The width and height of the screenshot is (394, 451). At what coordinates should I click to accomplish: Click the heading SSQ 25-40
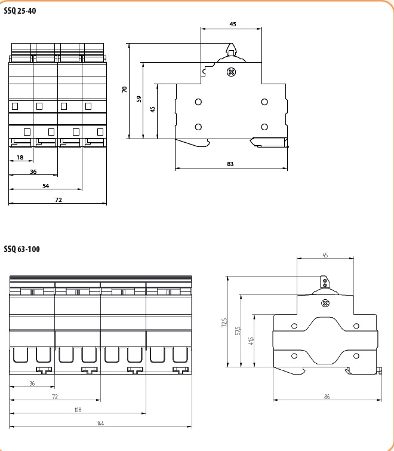click(x=20, y=11)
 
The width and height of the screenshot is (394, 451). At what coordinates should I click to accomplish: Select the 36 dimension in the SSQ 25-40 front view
click(x=33, y=171)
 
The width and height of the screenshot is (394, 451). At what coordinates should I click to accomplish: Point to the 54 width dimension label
click(x=45, y=186)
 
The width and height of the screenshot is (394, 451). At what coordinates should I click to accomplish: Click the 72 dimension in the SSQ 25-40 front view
click(x=58, y=200)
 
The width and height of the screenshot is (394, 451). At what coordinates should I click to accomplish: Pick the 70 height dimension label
click(x=125, y=90)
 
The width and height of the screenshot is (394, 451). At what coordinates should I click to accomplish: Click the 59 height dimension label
click(x=138, y=99)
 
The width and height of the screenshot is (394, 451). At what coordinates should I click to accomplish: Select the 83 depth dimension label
click(x=230, y=164)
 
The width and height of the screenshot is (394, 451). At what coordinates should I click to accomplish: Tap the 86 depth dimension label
click(x=327, y=397)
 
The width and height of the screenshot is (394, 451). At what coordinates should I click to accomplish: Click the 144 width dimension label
click(x=100, y=423)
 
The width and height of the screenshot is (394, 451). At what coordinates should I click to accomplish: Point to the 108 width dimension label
click(x=78, y=410)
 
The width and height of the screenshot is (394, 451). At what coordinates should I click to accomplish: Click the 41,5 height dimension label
click(x=251, y=340)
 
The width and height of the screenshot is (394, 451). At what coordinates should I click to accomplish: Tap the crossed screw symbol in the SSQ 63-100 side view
click(x=325, y=303)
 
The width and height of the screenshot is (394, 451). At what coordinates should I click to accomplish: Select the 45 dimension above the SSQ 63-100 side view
click(x=325, y=255)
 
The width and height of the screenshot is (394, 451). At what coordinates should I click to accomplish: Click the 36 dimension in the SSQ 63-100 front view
click(x=32, y=383)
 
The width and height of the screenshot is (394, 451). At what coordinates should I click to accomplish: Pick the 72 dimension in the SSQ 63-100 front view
click(x=55, y=397)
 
